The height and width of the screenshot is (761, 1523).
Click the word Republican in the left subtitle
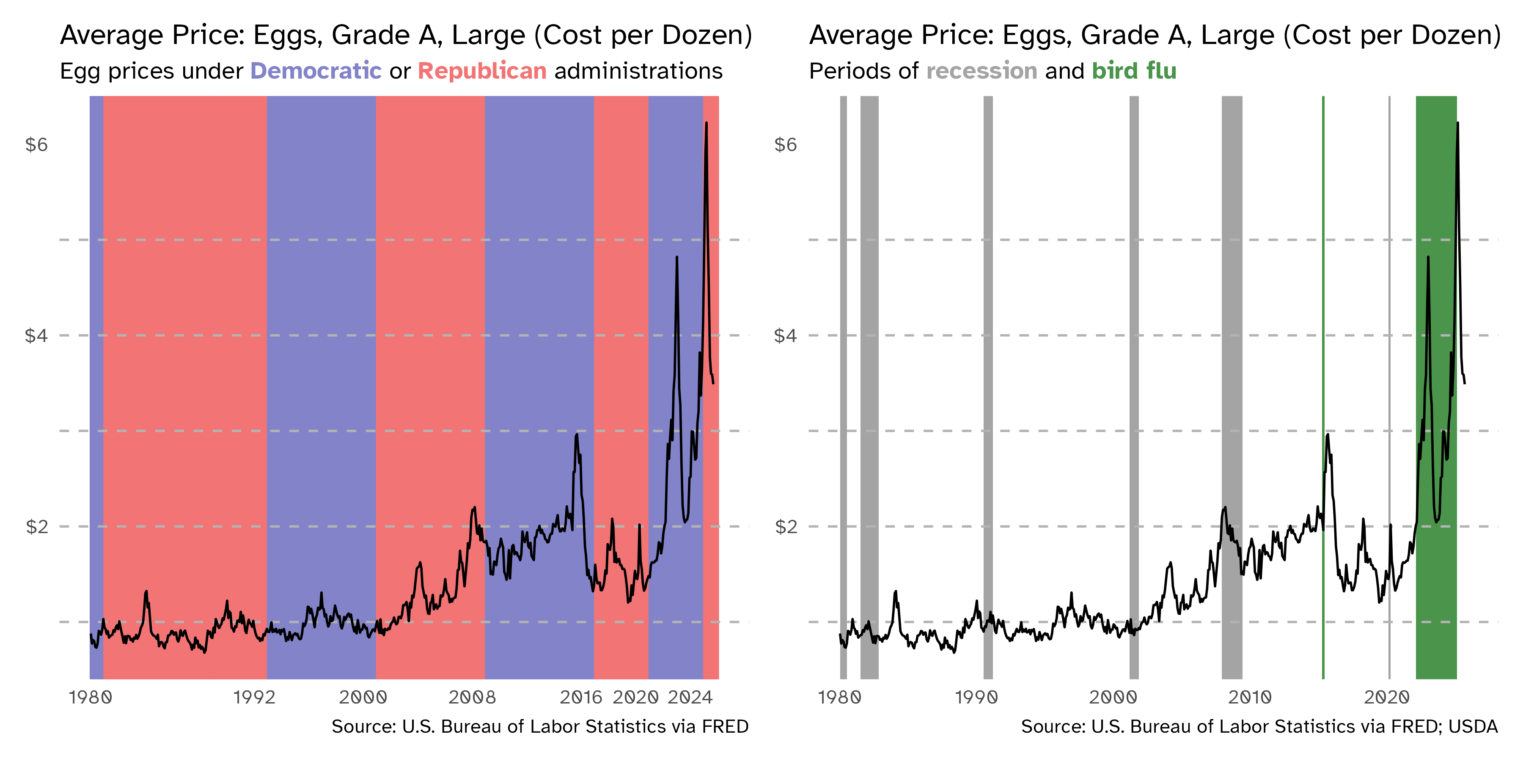click(x=482, y=71)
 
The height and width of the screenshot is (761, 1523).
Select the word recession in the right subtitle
click(x=981, y=71)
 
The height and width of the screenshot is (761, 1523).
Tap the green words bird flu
click(x=1134, y=71)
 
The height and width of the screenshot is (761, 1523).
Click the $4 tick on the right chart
click(x=785, y=336)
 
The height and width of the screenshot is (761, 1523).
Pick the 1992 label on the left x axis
click(x=254, y=698)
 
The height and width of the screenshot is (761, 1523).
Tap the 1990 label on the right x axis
click(x=976, y=698)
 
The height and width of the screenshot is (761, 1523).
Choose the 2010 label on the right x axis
click(x=1250, y=698)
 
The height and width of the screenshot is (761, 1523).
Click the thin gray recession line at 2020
click(x=1389, y=296)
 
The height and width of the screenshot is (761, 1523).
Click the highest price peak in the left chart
click(x=706, y=123)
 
